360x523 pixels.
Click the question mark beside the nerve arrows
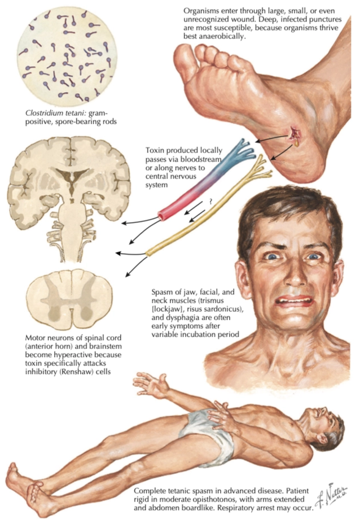[210, 201]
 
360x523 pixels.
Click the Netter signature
[332, 499]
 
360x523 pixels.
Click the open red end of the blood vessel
[163, 216]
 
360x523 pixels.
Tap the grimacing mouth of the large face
[295, 301]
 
